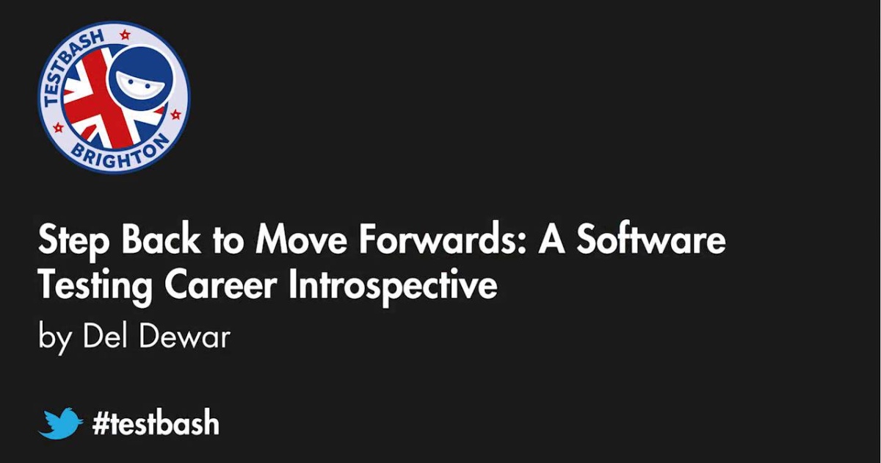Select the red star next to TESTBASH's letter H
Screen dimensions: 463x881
[x=124, y=34]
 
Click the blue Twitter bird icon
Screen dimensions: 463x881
[x=60, y=423]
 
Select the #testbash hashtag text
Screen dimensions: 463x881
[x=156, y=423]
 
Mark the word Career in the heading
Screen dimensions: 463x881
[x=220, y=285]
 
